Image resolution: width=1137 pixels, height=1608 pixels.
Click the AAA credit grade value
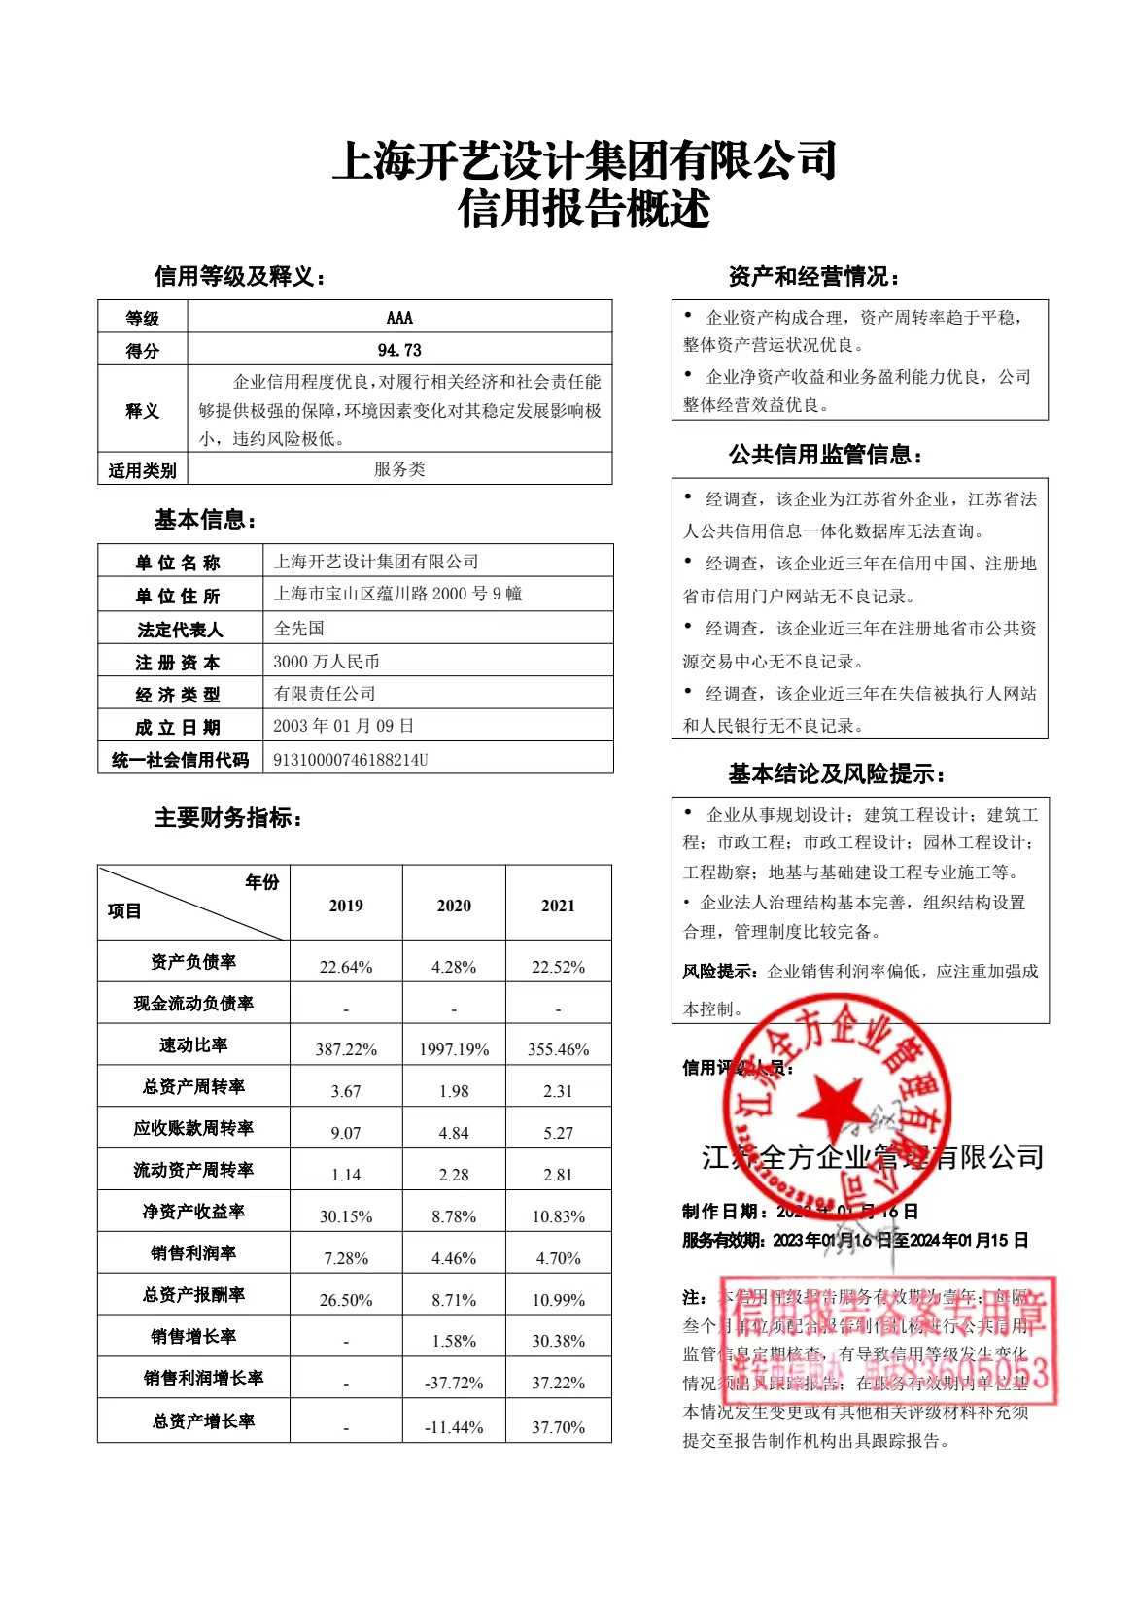[x=399, y=318]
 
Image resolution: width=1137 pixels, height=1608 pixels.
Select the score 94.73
[x=399, y=350]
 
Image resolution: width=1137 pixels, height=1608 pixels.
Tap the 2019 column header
[x=346, y=906]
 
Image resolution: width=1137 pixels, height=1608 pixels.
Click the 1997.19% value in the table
[x=454, y=1049]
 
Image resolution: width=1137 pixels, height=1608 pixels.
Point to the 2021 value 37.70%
[x=558, y=1427]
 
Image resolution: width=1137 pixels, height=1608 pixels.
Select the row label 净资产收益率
[x=193, y=1212]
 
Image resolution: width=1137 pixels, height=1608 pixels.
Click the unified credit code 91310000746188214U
[x=351, y=760]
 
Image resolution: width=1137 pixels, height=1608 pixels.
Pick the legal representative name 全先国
[x=299, y=629]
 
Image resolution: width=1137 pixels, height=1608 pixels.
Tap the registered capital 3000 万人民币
[x=327, y=662]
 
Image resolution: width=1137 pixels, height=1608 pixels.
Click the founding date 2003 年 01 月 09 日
[x=344, y=726]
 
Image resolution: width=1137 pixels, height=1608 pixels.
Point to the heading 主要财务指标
[x=227, y=818]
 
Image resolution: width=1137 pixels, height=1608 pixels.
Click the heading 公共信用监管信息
[x=824, y=455]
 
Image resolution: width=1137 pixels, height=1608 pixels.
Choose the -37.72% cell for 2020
[x=454, y=1383]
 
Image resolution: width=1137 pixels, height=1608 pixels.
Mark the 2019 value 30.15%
[x=346, y=1216]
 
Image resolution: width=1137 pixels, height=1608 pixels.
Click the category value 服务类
[x=399, y=469]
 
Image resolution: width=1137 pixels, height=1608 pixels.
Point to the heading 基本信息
[x=204, y=520]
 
